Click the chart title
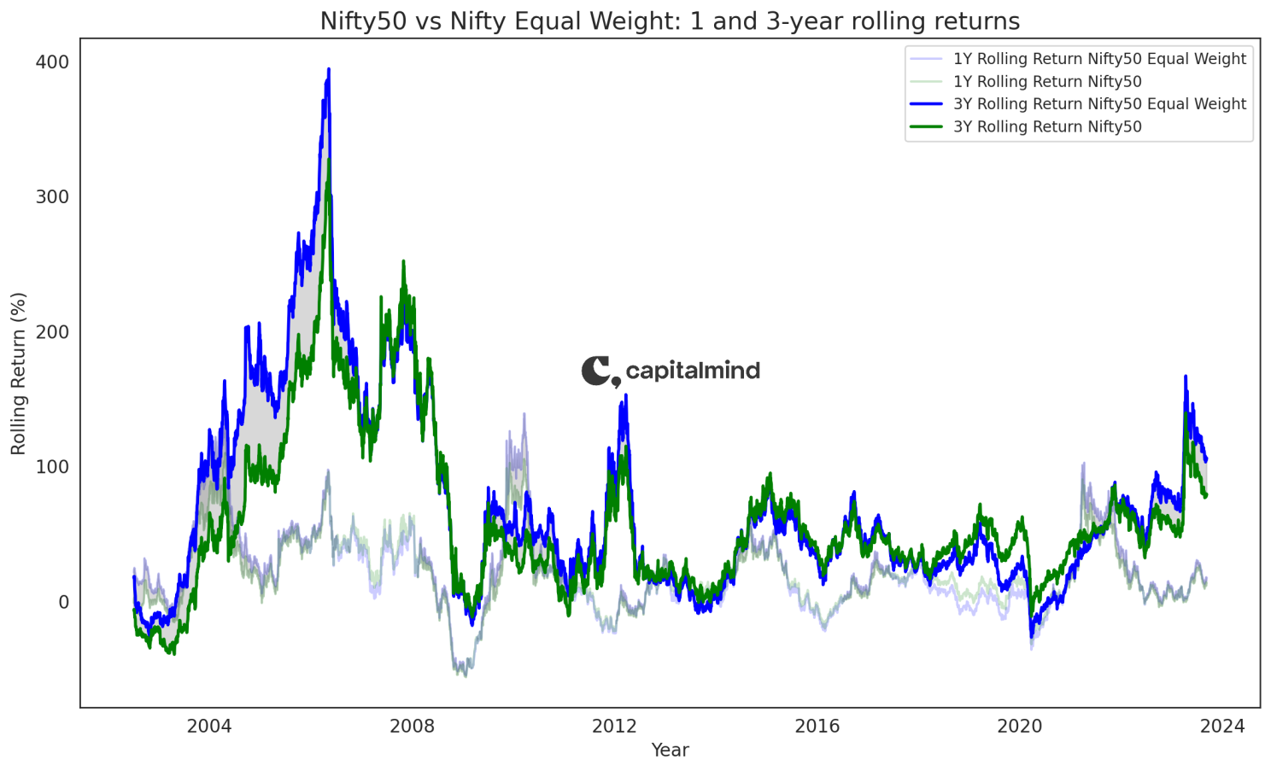670,20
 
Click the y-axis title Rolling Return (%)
19,373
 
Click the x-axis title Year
670,750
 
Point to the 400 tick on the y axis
52,62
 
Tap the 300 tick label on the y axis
52,197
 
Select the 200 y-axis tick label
52,332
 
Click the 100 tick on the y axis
52,467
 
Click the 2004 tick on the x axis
209,727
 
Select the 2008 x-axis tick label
412,727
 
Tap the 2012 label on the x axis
614,727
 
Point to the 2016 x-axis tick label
817,727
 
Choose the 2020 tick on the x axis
1020,727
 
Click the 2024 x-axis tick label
1222,727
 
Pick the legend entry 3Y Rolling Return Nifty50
1047,127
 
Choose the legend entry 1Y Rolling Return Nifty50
1047,82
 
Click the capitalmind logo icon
600,371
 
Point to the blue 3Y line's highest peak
329,70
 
